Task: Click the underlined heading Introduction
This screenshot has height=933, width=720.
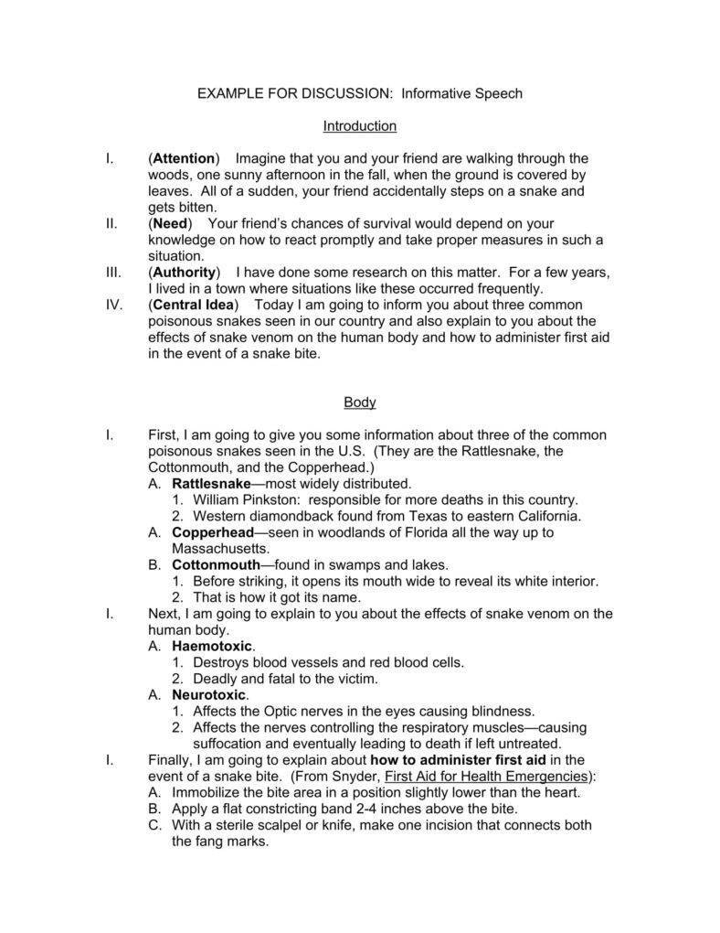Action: point(359,125)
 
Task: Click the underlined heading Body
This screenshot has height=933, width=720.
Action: point(359,402)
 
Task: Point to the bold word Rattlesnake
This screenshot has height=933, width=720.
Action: point(211,483)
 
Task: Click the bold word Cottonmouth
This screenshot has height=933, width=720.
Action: point(216,565)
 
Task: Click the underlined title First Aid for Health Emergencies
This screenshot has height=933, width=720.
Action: point(487,776)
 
